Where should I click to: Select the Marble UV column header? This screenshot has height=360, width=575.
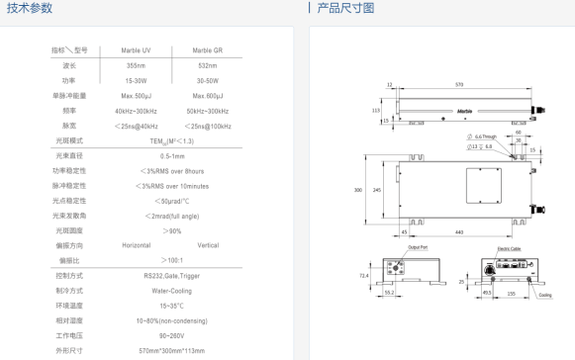coord(138,49)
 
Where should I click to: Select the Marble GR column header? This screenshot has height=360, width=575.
coord(208,49)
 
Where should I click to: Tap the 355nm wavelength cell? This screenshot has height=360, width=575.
coord(138,65)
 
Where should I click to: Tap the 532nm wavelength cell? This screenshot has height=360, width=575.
coord(208,65)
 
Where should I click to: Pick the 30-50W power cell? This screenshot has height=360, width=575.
coord(208,80)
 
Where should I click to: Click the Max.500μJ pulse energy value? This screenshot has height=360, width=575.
coord(138,96)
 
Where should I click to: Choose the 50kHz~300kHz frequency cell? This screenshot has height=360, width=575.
coord(208,111)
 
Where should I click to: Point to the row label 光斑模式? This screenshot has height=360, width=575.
coord(68,141)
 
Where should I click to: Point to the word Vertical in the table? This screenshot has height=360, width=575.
coord(208,245)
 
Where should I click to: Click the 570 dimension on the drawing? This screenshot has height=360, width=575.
coord(459,86)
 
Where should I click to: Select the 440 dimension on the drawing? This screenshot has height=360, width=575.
coord(459,231)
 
